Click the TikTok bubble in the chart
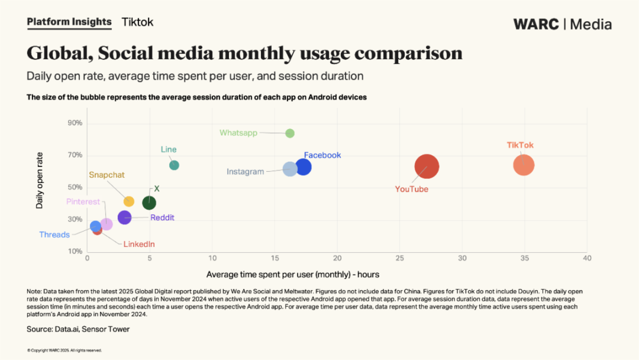(x=524, y=165)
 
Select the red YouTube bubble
(x=427, y=166)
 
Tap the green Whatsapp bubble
(x=290, y=133)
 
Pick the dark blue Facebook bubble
(x=304, y=167)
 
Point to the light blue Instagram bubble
(x=290, y=169)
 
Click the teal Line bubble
(x=174, y=165)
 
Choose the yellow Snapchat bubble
(x=129, y=201)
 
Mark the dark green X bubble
(x=149, y=203)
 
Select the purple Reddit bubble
(x=124, y=217)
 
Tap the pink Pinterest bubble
(x=106, y=224)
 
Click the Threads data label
(x=54, y=235)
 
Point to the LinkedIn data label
(x=139, y=244)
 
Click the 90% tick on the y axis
(x=75, y=123)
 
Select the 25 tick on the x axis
(x=400, y=258)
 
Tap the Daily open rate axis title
(x=40, y=181)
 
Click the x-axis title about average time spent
(x=293, y=275)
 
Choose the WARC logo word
(x=535, y=24)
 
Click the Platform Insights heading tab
(x=69, y=22)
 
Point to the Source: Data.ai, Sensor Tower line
(x=78, y=329)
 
